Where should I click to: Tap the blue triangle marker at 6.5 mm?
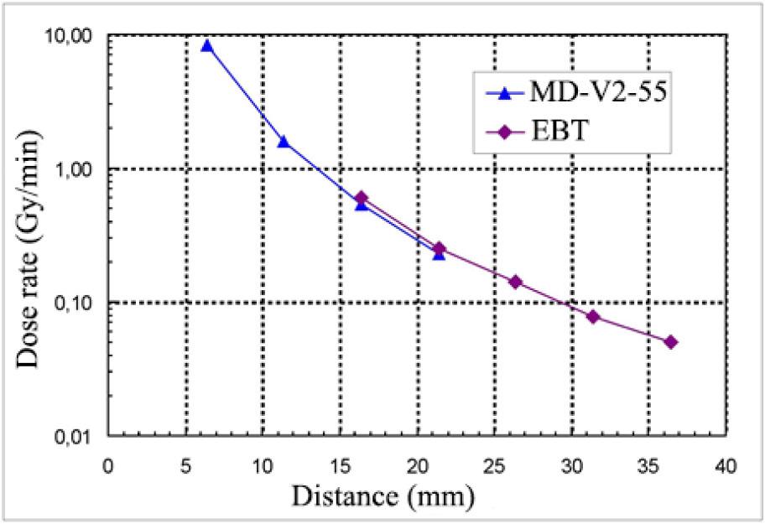point(207,45)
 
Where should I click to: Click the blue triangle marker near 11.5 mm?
point(284,141)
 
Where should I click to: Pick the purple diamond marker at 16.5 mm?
point(362,198)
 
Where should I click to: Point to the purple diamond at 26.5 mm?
point(516,282)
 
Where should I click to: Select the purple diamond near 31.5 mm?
point(593,316)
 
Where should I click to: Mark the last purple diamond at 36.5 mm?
point(670,342)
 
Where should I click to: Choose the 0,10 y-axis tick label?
point(75,302)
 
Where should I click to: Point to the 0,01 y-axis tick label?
point(75,436)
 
